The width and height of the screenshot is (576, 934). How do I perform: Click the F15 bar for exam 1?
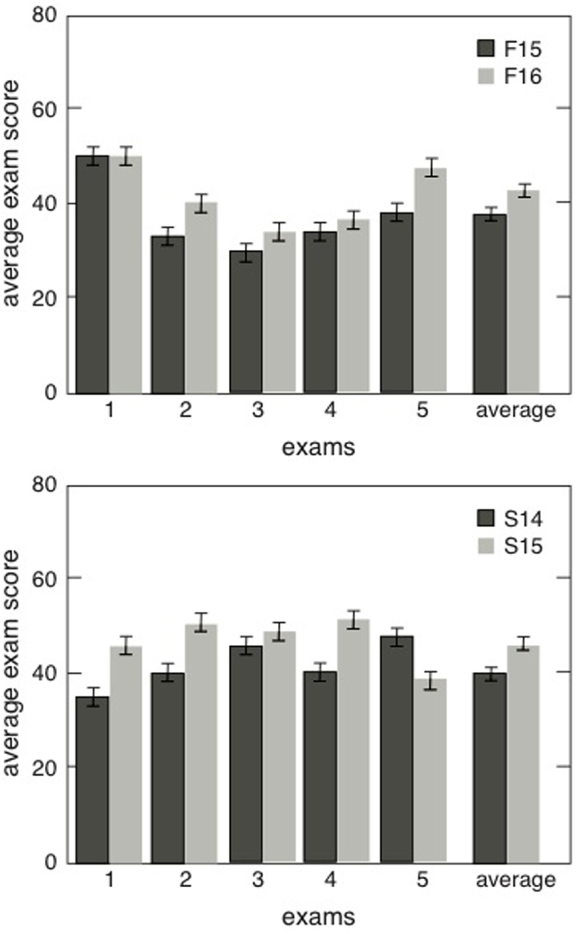tap(93, 274)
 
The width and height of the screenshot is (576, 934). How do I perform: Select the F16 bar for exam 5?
tap(431, 280)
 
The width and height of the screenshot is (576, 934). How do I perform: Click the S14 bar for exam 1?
tap(93, 779)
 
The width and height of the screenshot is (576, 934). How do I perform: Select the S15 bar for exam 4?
tap(353, 740)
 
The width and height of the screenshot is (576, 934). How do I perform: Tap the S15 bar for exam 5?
tap(431, 770)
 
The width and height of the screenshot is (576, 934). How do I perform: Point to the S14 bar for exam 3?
tap(245, 754)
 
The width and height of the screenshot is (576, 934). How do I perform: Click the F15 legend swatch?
tap(486, 49)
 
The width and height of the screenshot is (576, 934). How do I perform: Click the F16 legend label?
tap(523, 76)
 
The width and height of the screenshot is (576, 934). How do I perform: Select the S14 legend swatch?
tap(486, 519)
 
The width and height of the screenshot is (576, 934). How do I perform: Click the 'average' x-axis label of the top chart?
tap(515, 410)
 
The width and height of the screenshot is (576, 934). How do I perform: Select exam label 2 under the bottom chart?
tap(186, 881)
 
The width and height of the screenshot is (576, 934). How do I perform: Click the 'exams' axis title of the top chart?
tap(318, 448)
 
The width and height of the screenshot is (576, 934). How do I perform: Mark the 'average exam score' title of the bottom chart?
tap(13, 662)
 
